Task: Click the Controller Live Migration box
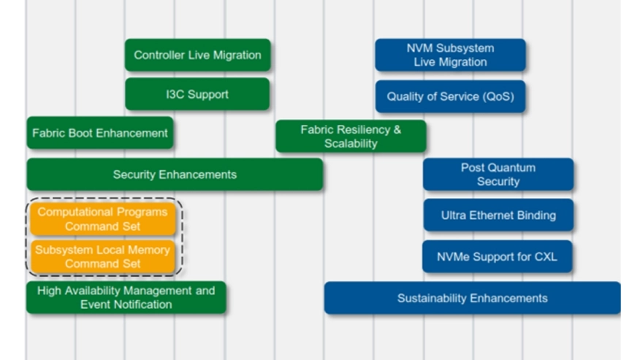pyautogui.click(x=197, y=55)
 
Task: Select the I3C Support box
pyautogui.click(x=197, y=94)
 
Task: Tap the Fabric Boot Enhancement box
pyautogui.click(x=100, y=133)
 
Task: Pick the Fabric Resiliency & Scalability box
pyautogui.click(x=351, y=137)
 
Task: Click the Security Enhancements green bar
pyautogui.click(x=175, y=175)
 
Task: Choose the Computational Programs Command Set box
pyautogui.click(x=103, y=219)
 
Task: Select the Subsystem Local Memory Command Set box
pyautogui.click(x=103, y=257)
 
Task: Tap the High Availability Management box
pyautogui.click(x=126, y=297)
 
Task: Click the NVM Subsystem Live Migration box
pyautogui.click(x=450, y=55)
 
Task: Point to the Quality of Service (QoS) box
pyautogui.click(x=450, y=96)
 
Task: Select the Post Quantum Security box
pyautogui.click(x=498, y=175)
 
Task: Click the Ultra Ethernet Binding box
pyautogui.click(x=498, y=215)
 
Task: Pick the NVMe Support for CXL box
pyautogui.click(x=497, y=257)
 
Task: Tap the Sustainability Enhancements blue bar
pyautogui.click(x=473, y=298)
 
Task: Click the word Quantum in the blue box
pyautogui.click(x=512, y=168)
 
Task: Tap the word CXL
pyautogui.click(x=546, y=257)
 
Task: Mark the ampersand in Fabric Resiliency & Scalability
pyautogui.click(x=397, y=130)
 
